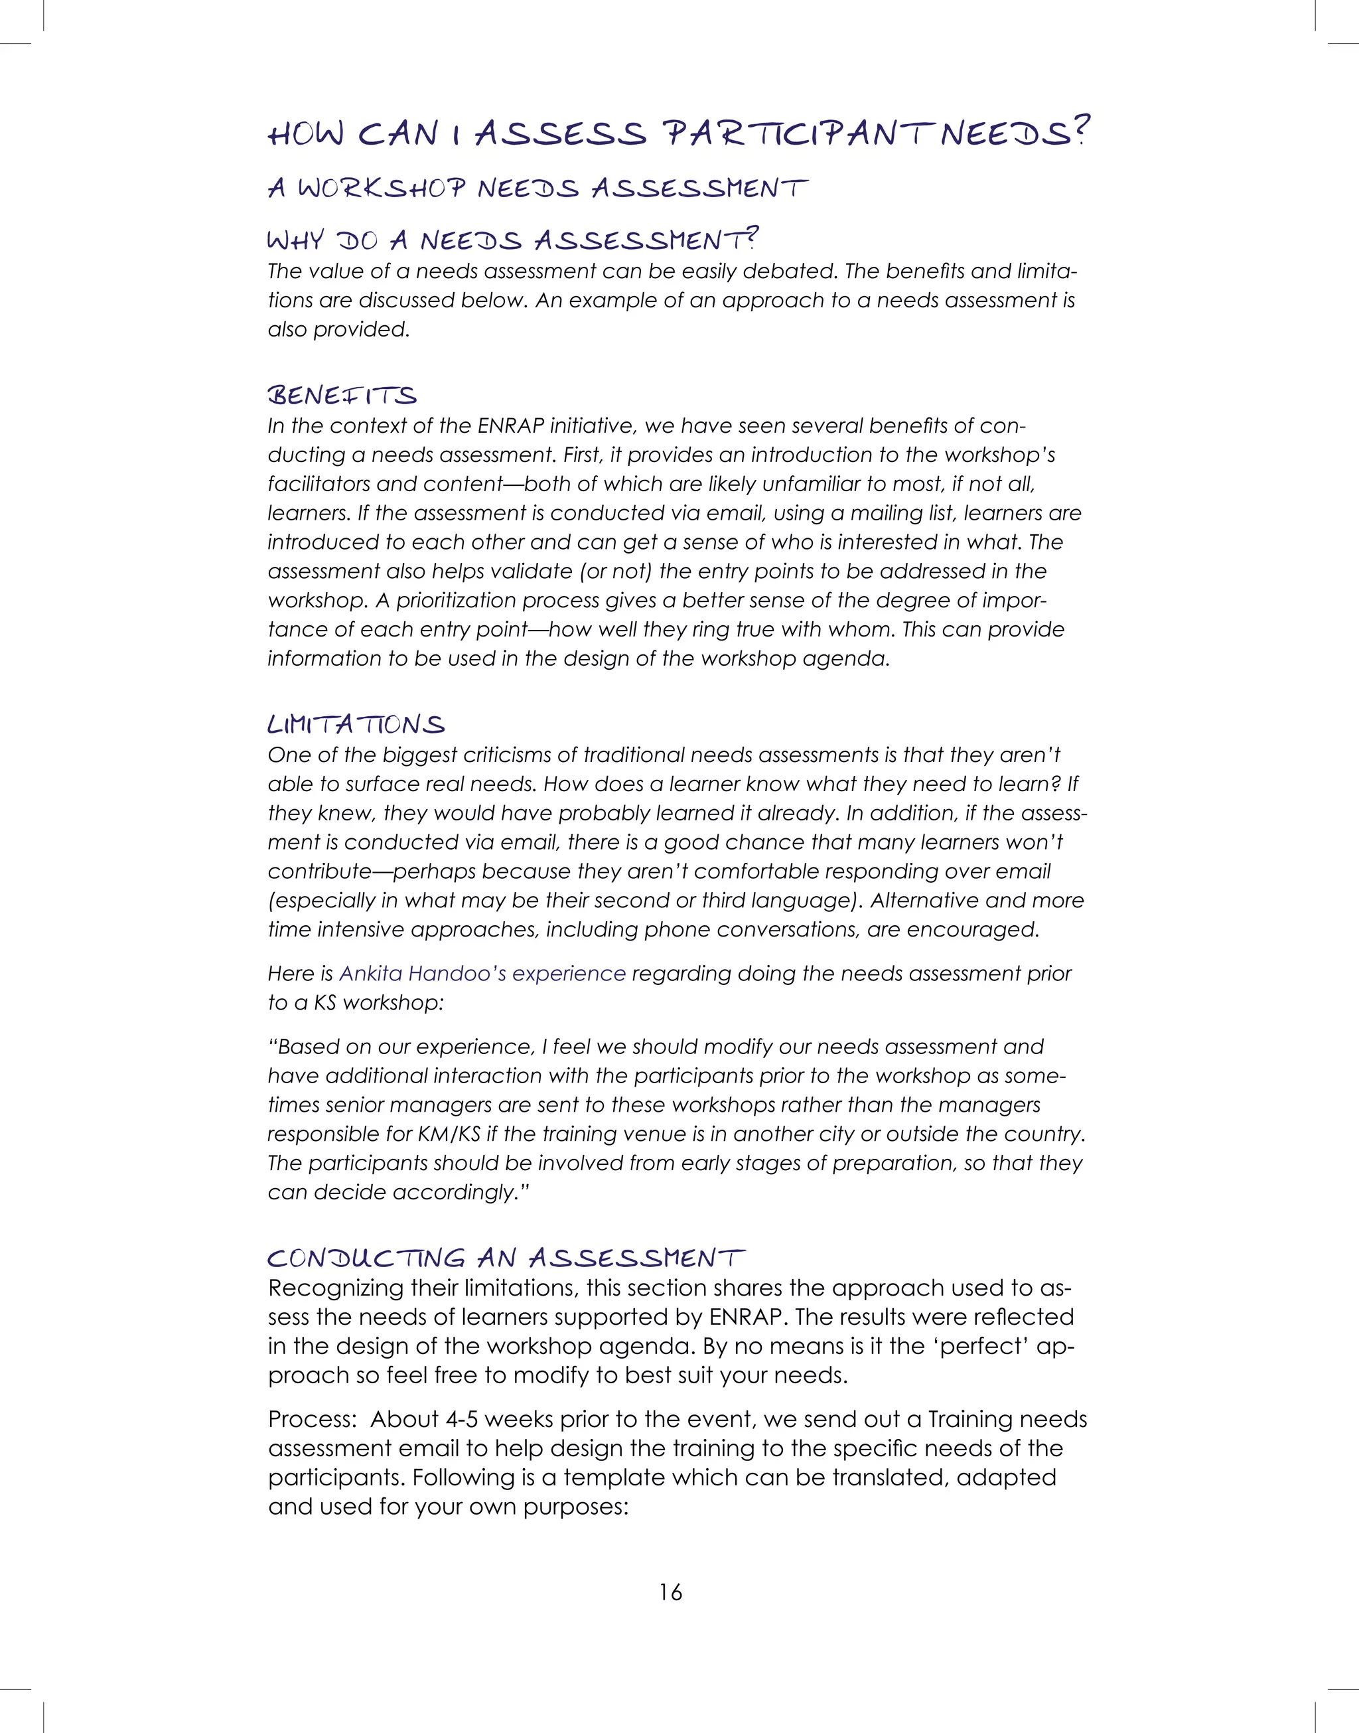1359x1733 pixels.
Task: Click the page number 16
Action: tap(670, 1592)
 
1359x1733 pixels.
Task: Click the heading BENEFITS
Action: tap(342, 396)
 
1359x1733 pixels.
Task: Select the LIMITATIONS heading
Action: tap(356, 725)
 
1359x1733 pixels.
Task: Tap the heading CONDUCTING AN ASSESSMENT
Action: tap(506, 1258)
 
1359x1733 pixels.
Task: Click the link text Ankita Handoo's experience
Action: tap(482, 973)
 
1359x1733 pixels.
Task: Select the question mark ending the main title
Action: tap(1080, 131)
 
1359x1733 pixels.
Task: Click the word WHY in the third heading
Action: tap(296, 240)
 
